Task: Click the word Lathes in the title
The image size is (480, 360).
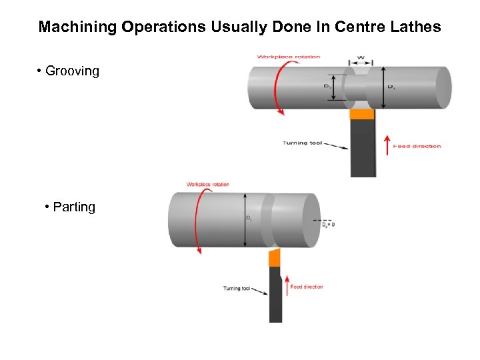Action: coord(418,27)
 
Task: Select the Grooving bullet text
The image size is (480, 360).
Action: coord(72,71)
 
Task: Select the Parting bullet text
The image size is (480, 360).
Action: coord(74,207)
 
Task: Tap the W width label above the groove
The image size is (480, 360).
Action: coord(361,58)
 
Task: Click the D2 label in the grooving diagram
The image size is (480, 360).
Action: coord(328,87)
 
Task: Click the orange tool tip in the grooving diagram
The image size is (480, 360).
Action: coord(362,114)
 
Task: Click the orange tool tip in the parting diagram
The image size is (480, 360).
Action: coord(273,257)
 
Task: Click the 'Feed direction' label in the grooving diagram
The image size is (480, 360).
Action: coord(417,146)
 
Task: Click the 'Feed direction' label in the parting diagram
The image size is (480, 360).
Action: coord(307,287)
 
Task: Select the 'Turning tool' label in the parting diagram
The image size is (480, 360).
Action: coord(237,289)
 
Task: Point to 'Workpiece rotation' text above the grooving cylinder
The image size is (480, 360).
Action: coord(289,57)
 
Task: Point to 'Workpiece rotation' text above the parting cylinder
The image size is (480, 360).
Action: coord(207,185)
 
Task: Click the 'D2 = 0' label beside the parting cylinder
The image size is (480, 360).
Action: coord(329,225)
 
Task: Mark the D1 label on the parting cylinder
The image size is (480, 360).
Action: coord(249,218)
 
